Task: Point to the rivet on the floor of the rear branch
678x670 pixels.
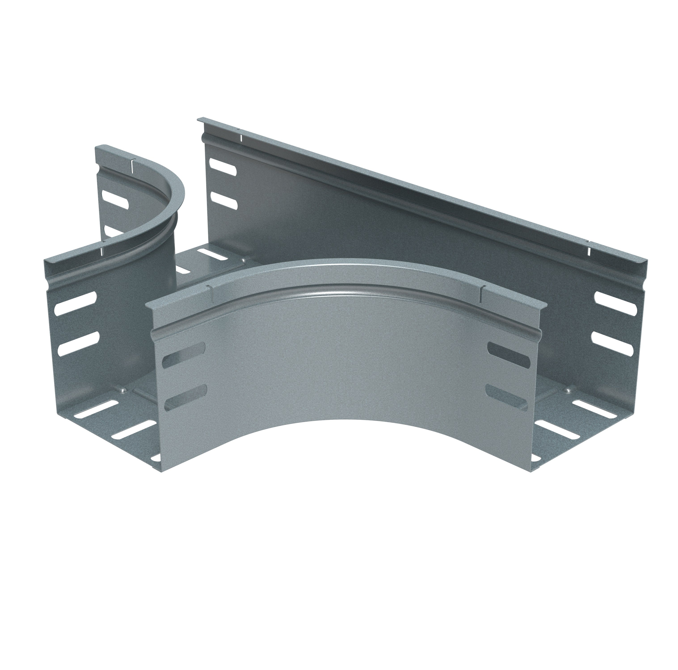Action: [x=242, y=260]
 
